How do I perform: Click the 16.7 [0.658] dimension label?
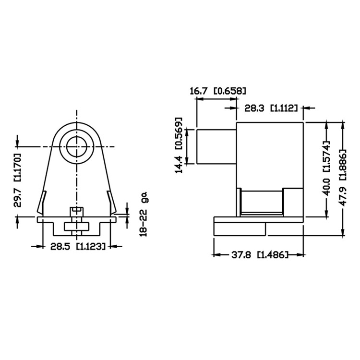tap(218, 91)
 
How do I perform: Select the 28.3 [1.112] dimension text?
tap(271, 108)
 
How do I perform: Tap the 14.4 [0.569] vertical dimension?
tap(179, 145)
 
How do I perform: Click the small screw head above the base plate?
tap(76, 211)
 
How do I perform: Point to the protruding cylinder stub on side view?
tap(216, 146)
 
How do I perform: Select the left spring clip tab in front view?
tap(42, 202)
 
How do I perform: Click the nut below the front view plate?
tap(76, 227)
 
